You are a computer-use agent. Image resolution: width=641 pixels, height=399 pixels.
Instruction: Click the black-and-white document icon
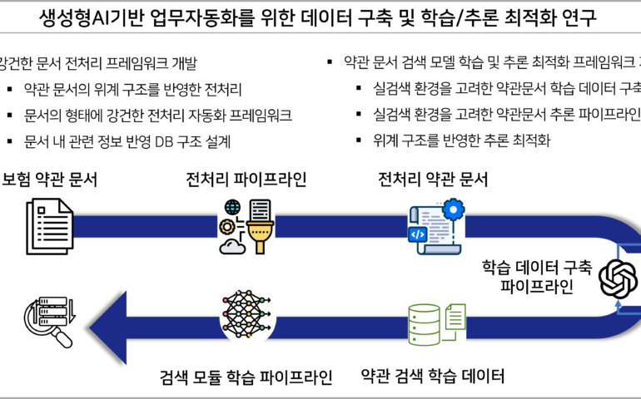[50, 226]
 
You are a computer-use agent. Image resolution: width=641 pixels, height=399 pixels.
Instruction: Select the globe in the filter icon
[232, 207]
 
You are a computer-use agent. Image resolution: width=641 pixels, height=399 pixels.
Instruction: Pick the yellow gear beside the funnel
[227, 226]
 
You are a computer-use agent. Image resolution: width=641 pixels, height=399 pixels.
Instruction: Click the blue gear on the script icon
[453, 209]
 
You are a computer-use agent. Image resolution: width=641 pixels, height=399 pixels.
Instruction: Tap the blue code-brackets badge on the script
[418, 234]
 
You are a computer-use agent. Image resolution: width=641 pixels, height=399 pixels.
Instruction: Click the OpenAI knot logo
[619, 279]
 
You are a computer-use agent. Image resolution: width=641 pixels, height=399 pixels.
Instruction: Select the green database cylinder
[425, 324]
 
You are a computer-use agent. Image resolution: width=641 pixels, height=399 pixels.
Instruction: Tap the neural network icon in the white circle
[247, 318]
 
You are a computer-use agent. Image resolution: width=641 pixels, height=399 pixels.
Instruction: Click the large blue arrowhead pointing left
[110, 328]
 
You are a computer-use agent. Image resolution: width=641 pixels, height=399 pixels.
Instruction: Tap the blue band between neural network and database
[341, 327]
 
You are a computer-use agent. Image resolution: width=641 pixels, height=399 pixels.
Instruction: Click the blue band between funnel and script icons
[341, 227]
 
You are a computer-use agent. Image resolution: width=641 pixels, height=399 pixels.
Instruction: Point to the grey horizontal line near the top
[320, 32]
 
